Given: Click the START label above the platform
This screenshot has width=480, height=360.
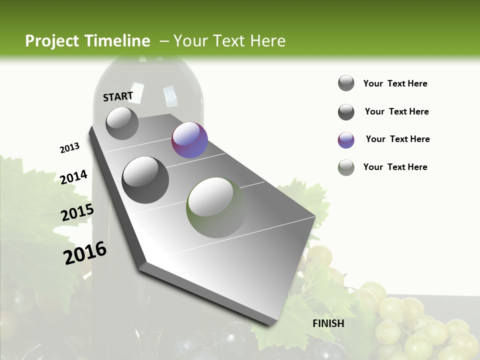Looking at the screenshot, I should (118, 96).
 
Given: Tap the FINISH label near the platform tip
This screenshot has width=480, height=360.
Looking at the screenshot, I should (328, 323).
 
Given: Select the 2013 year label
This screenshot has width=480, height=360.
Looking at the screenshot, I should (69, 148).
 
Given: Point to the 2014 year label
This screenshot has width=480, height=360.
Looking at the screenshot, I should (73, 177).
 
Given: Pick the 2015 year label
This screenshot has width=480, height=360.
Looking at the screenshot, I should (77, 212).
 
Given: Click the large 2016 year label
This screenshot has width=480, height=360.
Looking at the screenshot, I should (85, 252).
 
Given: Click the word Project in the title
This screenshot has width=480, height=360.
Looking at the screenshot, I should (52, 41).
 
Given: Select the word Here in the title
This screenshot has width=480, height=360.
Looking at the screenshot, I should (267, 41).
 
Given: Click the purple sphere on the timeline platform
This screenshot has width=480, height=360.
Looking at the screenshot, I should (189, 140).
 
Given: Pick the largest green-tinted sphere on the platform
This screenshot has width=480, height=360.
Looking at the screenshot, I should (216, 207).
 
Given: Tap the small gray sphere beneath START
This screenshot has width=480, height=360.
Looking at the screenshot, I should (122, 123).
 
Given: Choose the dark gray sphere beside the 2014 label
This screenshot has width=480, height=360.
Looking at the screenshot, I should (145, 179).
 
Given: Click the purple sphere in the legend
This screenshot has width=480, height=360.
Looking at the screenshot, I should (346, 140).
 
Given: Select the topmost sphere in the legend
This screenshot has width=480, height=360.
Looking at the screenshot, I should (346, 83).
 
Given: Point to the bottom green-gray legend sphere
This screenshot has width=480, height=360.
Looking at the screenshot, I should (346, 167).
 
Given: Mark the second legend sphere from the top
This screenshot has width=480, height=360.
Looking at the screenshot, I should (346, 112).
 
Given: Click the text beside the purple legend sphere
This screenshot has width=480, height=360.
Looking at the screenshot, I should (397, 139).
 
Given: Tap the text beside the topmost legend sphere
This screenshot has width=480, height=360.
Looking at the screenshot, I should (395, 83).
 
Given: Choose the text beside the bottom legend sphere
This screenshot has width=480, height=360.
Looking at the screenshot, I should (395, 167).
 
